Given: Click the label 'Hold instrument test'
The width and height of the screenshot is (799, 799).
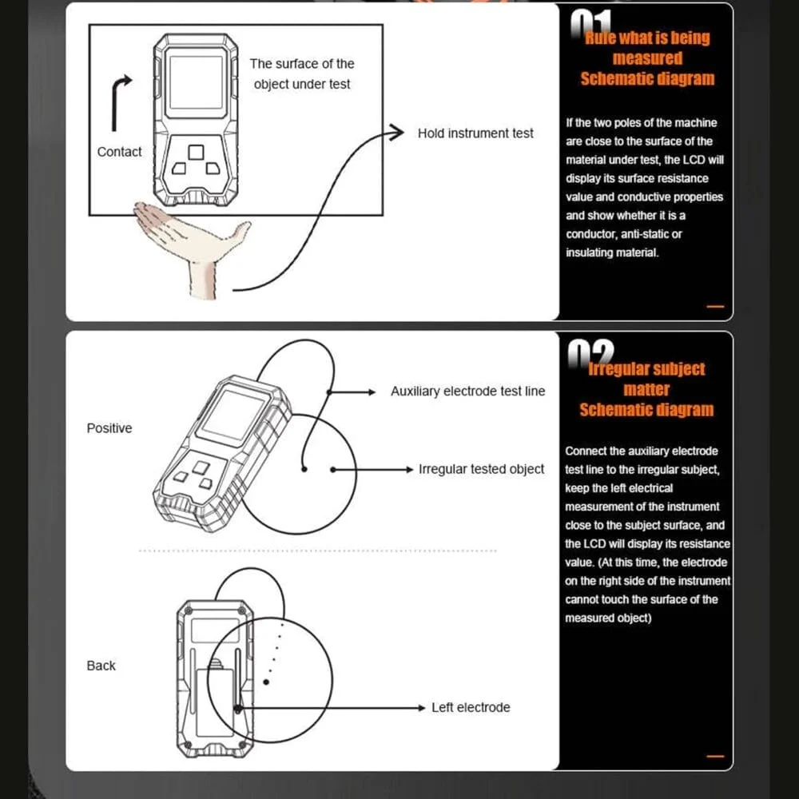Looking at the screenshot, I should coord(475,133).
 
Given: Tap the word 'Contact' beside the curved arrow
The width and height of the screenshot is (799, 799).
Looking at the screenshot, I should coord(119,152).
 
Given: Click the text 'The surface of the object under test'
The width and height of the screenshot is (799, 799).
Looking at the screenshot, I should coord(302,74).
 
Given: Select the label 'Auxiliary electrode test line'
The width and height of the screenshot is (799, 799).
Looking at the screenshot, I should coord(467,392).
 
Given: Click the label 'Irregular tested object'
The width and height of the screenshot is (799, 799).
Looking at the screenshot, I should coord(481,469).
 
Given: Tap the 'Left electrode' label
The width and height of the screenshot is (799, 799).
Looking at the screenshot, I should coord(471,707).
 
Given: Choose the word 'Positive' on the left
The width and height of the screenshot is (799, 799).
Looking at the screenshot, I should coord(109,428).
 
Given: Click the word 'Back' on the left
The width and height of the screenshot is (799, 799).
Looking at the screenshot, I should coord(101,666).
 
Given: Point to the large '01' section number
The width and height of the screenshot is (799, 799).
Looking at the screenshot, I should coord(590,24).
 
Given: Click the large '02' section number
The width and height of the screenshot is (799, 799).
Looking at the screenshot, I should coord(590,352).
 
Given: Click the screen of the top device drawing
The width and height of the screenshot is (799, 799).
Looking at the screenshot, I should coord(196,82).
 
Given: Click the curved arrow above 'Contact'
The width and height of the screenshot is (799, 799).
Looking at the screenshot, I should coord(120,100).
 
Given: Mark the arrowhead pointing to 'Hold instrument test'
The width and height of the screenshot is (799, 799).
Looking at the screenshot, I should coord(396,133).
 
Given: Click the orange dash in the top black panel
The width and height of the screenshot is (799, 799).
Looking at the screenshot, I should coord(715,306).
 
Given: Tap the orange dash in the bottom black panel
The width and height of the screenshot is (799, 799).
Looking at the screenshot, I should coord(715,756).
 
